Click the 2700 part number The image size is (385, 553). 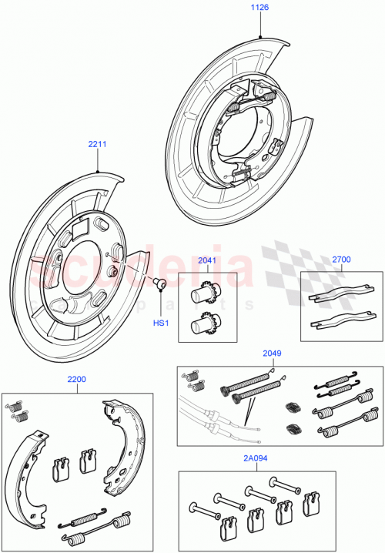[x=340, y=260]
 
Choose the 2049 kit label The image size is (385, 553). [x=272, y=354]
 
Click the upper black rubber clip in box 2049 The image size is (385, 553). [x=293, y=407]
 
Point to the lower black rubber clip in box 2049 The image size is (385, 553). [x=293, y=428]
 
